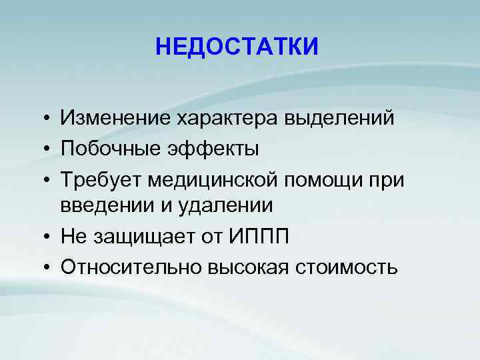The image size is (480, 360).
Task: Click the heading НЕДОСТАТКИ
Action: [237, 47]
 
